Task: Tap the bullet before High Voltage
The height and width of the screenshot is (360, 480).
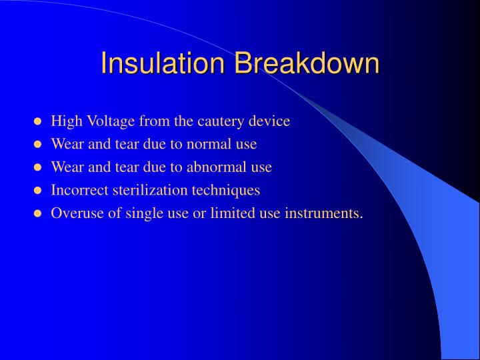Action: [x=39, y=122]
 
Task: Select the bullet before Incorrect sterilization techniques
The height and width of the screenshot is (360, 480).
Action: [x=39, y=191]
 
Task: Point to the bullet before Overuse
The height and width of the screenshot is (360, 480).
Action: [x=39, y=214]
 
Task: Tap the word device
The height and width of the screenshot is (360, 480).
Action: [x=270, y=121]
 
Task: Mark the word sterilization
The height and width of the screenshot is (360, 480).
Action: [x=147, y=190]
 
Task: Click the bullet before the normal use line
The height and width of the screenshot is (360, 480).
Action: [x=39, y=145]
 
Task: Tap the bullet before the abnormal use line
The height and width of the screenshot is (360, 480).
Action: [x=39, y=168]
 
